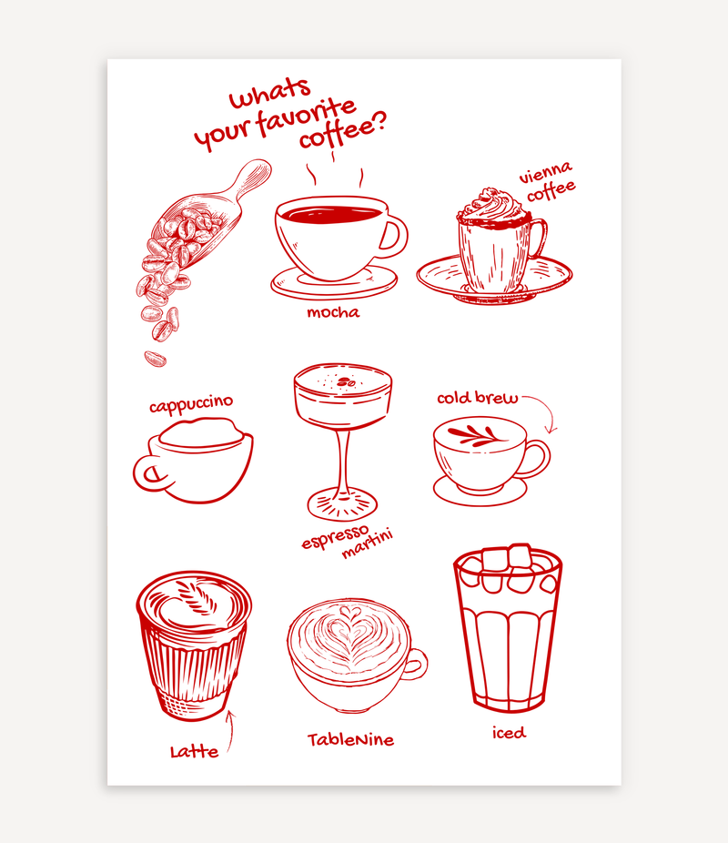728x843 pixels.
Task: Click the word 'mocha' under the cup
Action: (332, 313)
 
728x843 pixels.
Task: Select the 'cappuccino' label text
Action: (191, 403)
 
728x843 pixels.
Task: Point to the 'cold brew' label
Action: (477, 398)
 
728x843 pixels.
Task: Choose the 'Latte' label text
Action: (194, 752)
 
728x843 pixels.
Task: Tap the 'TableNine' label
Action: (350, 740)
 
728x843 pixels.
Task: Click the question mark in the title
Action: (379, 126)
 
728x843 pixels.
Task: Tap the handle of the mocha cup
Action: (394, 236)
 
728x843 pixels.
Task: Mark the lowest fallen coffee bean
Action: (156, 358)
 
